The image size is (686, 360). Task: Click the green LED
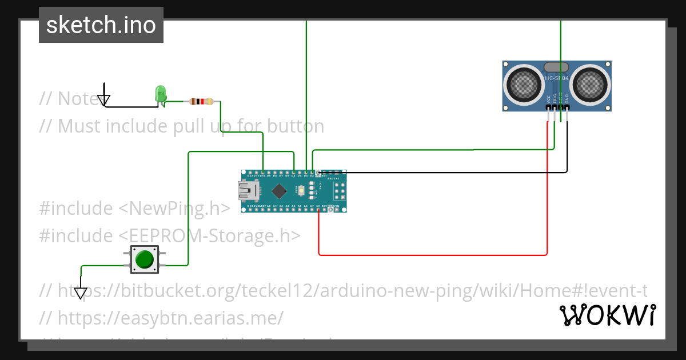point(161,94)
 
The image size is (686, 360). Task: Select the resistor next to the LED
point(201,102)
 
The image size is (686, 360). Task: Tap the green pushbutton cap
point(145,259)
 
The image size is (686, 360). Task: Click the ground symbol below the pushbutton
point(81,292)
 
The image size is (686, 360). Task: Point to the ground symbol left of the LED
point(103,99)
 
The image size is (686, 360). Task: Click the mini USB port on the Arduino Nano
point(248,191)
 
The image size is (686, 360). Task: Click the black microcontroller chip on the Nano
point(279,191)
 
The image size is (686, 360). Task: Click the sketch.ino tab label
point(101,25)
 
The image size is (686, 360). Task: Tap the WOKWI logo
point(607,315)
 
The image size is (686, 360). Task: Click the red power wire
point(432,255)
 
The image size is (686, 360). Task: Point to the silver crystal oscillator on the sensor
point(556,67)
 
